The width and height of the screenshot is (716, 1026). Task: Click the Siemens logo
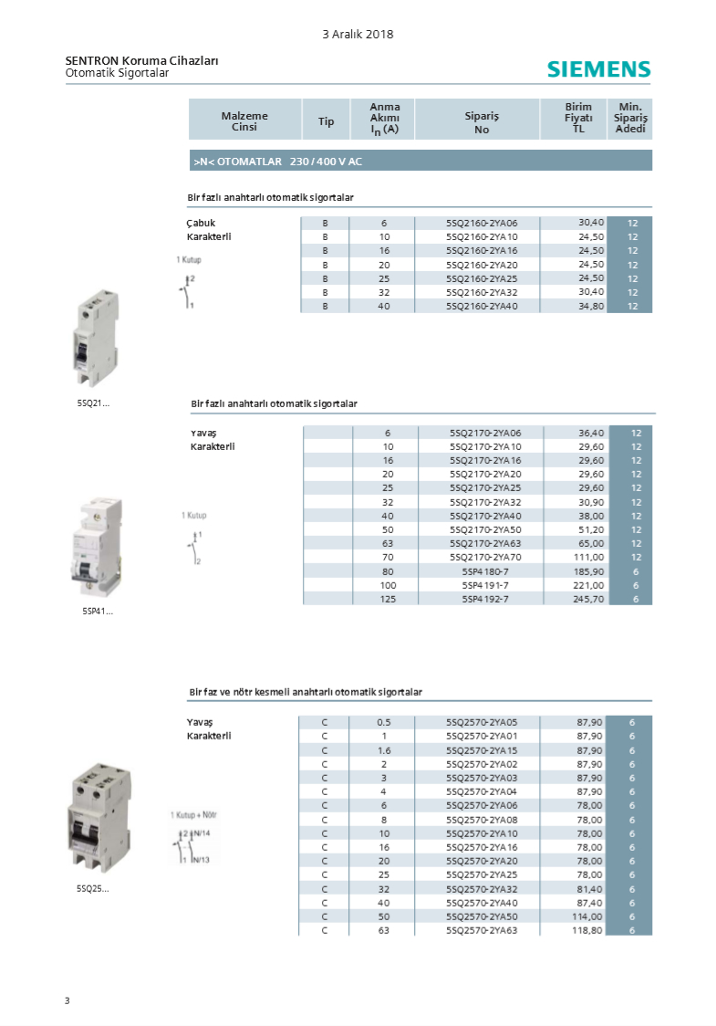coord(598,69)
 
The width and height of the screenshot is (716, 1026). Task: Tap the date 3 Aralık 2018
coord(358,34)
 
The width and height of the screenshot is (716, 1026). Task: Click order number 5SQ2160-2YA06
coord(482,223)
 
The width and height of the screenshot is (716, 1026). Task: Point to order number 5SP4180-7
coord(484,571)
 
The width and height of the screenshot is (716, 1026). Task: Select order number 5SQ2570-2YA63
coord(482,930)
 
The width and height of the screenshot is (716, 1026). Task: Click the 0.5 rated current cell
coord(384,722)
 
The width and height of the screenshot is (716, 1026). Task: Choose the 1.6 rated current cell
coord(384,750)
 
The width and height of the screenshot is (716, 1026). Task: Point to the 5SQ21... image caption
coord(93,403)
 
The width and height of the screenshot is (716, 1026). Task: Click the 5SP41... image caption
coord(98,612)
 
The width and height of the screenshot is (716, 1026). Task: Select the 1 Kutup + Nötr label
coord(193,814)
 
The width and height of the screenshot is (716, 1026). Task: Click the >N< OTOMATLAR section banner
coord(420,162)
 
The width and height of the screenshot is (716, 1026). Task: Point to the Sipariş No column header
coord(482,123)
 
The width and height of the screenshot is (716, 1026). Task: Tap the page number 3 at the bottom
coord(67,1001)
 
